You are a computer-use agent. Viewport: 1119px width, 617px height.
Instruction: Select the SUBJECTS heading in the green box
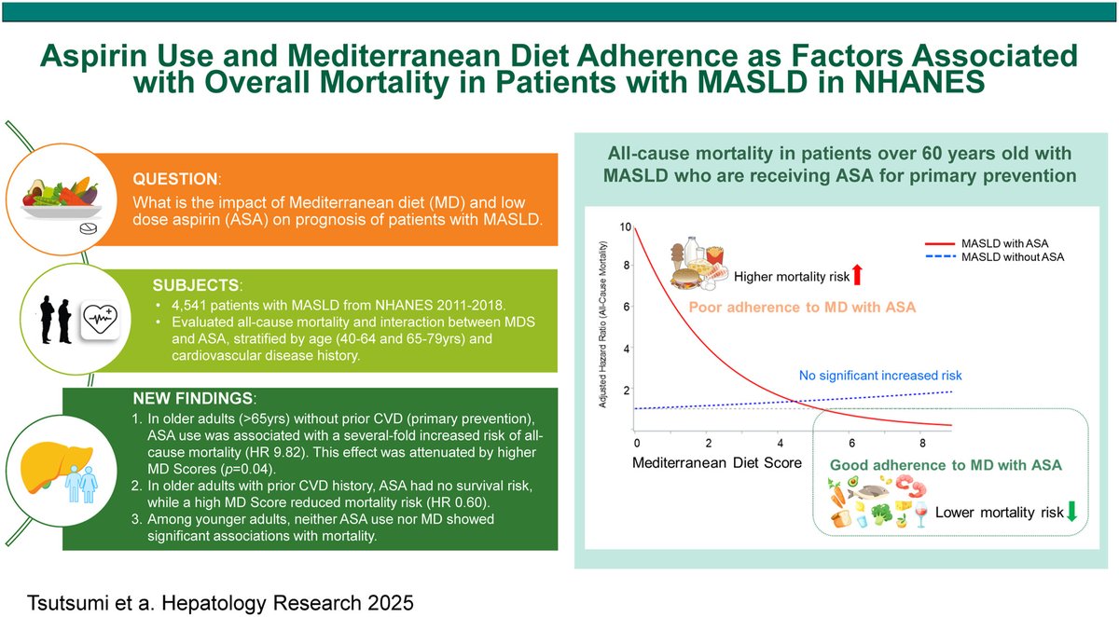click(197, 282)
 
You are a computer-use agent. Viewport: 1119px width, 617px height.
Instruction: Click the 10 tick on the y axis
click(625, 227)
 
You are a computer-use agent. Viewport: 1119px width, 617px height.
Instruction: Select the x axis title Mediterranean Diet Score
click(717, 462)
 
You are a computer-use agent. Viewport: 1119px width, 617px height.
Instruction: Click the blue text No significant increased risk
click(880, 376)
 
